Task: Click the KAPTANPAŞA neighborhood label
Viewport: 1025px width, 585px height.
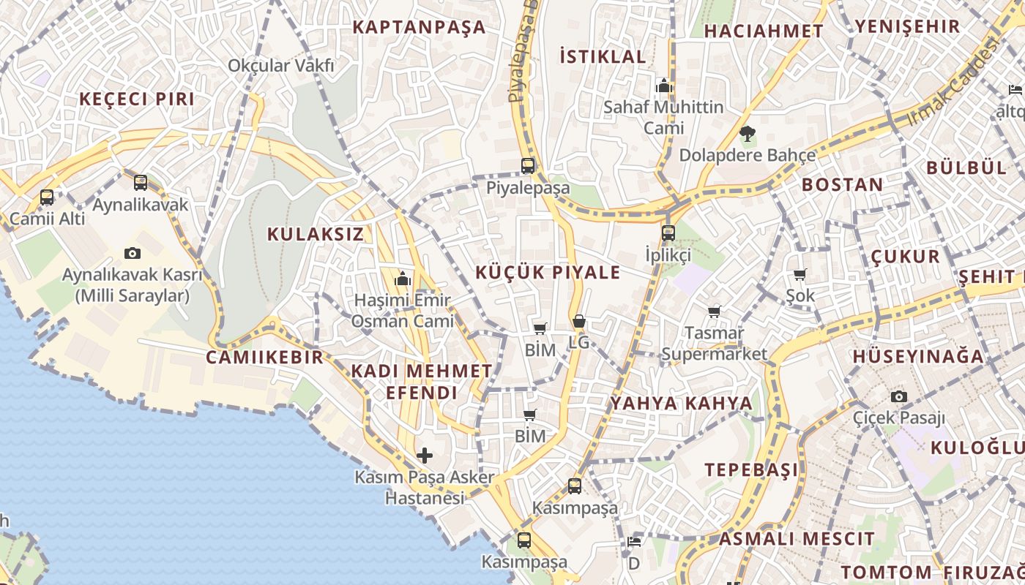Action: (419, 28)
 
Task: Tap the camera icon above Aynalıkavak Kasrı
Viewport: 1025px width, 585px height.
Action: (133, 253)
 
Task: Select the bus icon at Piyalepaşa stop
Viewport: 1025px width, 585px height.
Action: (528, 166)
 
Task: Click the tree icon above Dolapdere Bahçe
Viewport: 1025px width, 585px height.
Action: (747, 134)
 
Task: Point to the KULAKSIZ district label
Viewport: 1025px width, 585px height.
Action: (315, 235)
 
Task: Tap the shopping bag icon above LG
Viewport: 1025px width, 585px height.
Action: (578, 321)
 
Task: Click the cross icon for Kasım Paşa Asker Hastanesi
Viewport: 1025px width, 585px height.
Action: (425, 456)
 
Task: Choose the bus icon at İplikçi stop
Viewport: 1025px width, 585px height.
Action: (668, 233)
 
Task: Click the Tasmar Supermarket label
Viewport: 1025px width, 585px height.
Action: (714, 344)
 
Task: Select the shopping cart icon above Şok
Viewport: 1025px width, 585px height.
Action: (799, 275)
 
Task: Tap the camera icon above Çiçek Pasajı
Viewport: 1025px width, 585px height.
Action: (899, 397)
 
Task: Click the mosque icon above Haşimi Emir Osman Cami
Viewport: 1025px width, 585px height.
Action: (402, 279)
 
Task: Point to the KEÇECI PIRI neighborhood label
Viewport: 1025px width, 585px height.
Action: (137, 99)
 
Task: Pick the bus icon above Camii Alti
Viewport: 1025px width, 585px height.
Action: (47, 197)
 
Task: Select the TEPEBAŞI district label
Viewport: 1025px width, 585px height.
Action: (751, 469)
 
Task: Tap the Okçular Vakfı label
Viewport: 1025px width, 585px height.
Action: (280, 66)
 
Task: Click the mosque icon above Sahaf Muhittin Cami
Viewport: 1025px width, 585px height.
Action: (664, 86)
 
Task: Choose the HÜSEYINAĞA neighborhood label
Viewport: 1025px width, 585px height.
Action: (918, 357)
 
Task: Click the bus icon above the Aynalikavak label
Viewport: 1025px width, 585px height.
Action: (141, 183)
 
